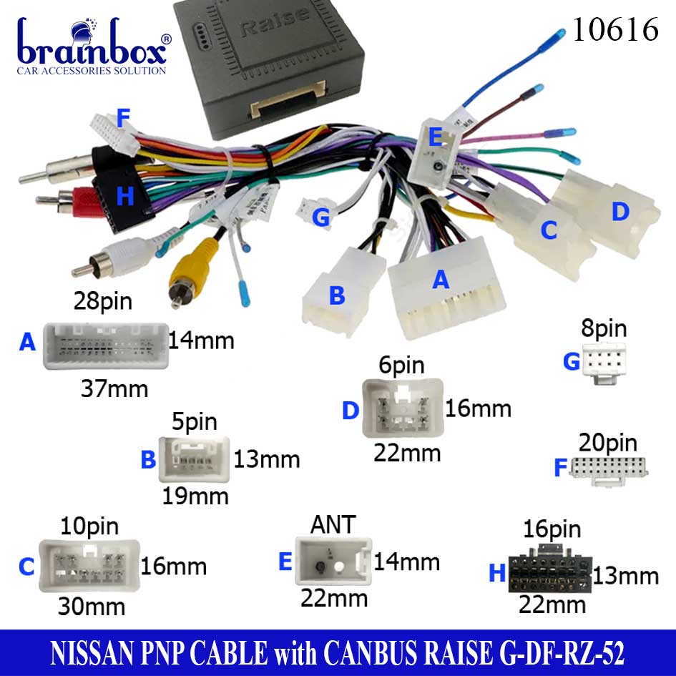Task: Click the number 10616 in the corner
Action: tap(615, 30)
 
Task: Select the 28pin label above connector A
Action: tap(103, 301)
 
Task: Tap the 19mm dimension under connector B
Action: tap(195, 496)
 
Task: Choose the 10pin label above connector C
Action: tap(90, 526)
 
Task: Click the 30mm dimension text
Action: tap(91, 607)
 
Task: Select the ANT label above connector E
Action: tap(333, 524)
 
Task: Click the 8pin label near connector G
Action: tap(604, 329)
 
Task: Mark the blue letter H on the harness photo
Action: tap(125, 197)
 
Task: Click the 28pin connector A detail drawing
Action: tap(105, 346)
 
